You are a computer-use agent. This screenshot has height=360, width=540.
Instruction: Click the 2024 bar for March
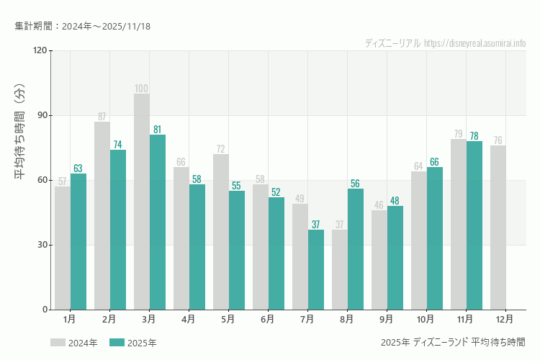[142, 202]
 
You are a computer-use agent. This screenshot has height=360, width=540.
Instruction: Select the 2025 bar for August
[356, 249]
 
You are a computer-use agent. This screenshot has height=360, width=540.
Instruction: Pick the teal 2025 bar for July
[316, 269]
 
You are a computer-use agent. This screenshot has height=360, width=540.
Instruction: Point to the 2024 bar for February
[102, 216]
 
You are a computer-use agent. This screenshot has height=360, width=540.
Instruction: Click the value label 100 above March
[142, 89]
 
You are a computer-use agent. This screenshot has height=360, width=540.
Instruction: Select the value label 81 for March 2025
[158, 130]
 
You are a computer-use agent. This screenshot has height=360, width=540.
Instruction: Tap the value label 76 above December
[498, 140]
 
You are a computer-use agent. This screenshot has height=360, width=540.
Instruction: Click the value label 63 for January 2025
[78, 168]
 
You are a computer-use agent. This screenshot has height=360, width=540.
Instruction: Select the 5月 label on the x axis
[228, 318]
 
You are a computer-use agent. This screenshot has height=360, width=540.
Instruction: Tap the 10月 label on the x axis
[425, 318]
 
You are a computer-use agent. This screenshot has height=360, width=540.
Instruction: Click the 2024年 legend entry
[74, 343]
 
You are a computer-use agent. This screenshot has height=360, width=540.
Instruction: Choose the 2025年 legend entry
[133, 343]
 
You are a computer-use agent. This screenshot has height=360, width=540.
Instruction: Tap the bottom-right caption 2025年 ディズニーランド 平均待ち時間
[453, 342]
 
